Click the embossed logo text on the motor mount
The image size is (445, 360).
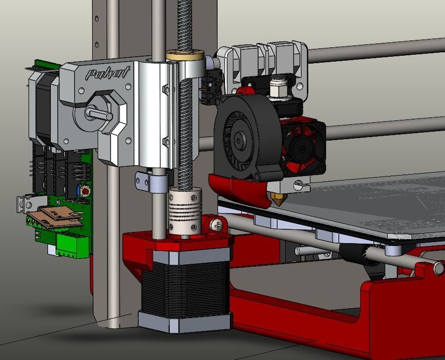(x=107, y=73)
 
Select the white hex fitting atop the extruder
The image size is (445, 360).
(x=280, y=87)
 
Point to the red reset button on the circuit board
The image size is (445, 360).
(x=85, y=191)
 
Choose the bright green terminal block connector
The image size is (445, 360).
(x=72, y=245)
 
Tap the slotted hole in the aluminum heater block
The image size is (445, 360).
(x=299, y=186)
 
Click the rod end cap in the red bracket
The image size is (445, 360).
(x=438, y=268)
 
